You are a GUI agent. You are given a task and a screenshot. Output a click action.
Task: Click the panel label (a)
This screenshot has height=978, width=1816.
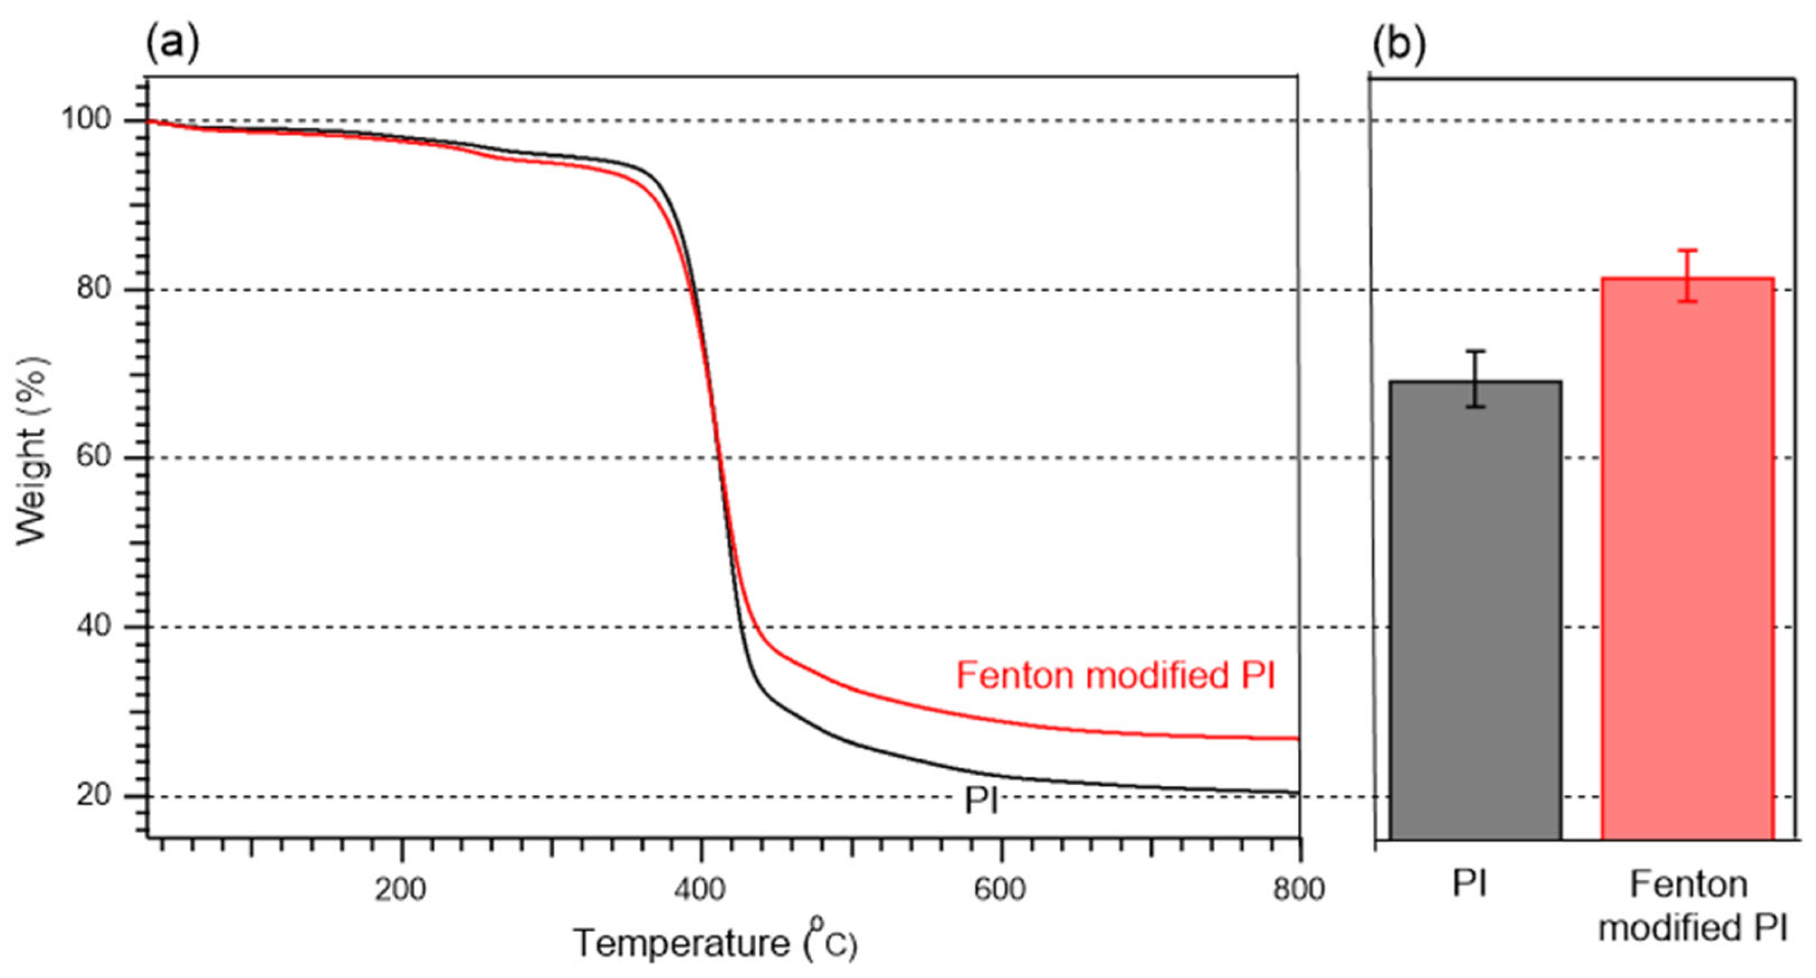172,43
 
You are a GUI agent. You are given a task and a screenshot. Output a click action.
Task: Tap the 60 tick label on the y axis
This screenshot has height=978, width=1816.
94,456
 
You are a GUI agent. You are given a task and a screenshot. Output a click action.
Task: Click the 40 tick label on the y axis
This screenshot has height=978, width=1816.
94,626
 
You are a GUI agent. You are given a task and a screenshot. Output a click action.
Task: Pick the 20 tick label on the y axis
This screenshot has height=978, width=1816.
94,795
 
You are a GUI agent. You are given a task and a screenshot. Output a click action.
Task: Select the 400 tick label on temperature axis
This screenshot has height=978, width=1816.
699,890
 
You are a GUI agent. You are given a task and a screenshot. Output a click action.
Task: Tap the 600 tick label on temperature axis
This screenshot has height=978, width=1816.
1000,890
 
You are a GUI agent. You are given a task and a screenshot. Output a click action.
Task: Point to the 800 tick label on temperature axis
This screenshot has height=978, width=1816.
1299,890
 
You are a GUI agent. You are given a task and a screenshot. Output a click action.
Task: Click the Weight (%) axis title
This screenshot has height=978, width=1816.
32,451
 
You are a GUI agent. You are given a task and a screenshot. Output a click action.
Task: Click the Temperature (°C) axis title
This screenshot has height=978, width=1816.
715,943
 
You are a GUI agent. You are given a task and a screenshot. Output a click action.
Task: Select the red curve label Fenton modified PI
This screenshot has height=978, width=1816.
1115,676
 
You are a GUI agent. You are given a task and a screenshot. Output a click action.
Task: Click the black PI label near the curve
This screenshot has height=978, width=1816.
981,800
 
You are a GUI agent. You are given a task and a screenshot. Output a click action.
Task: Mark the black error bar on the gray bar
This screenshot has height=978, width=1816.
1476,379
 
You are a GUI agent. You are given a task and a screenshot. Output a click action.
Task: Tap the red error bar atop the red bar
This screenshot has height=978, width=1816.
1687,276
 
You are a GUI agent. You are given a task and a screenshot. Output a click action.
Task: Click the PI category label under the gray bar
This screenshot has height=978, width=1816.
1470,884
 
